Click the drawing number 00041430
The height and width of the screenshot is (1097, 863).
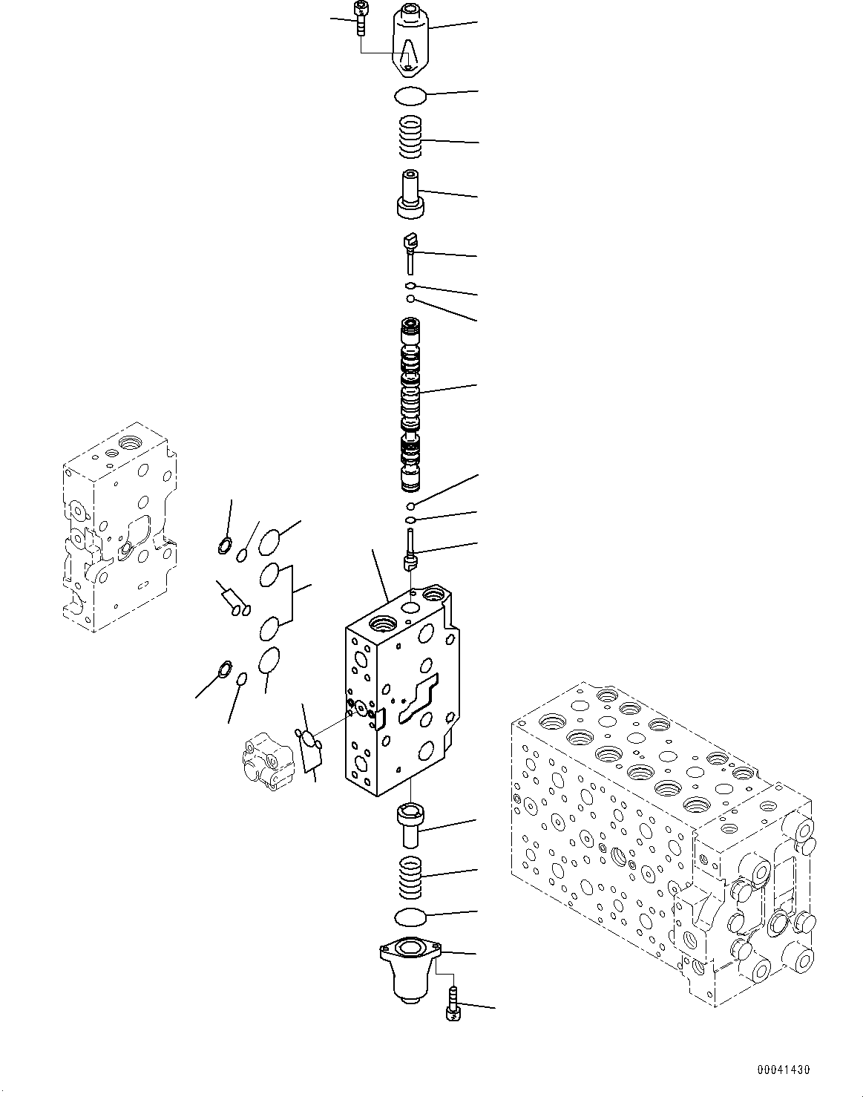pyautogui.click(x=783, y=1070)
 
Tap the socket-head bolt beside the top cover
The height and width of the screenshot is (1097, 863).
pyautogui.click(x=361, y=18)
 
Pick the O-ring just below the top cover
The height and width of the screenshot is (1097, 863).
pyautogui.click(x=410, y=95)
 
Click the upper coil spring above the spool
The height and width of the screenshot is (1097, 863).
pyautogui.click(x=410, y=137)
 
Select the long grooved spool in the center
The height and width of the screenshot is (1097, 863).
pyautogui.click(x=410, y=405)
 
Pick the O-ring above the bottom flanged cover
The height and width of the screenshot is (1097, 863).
pyautogui.click(x=410, y=917)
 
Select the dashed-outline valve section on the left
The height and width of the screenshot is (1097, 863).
pyautogui.click(x=119, y=528)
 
